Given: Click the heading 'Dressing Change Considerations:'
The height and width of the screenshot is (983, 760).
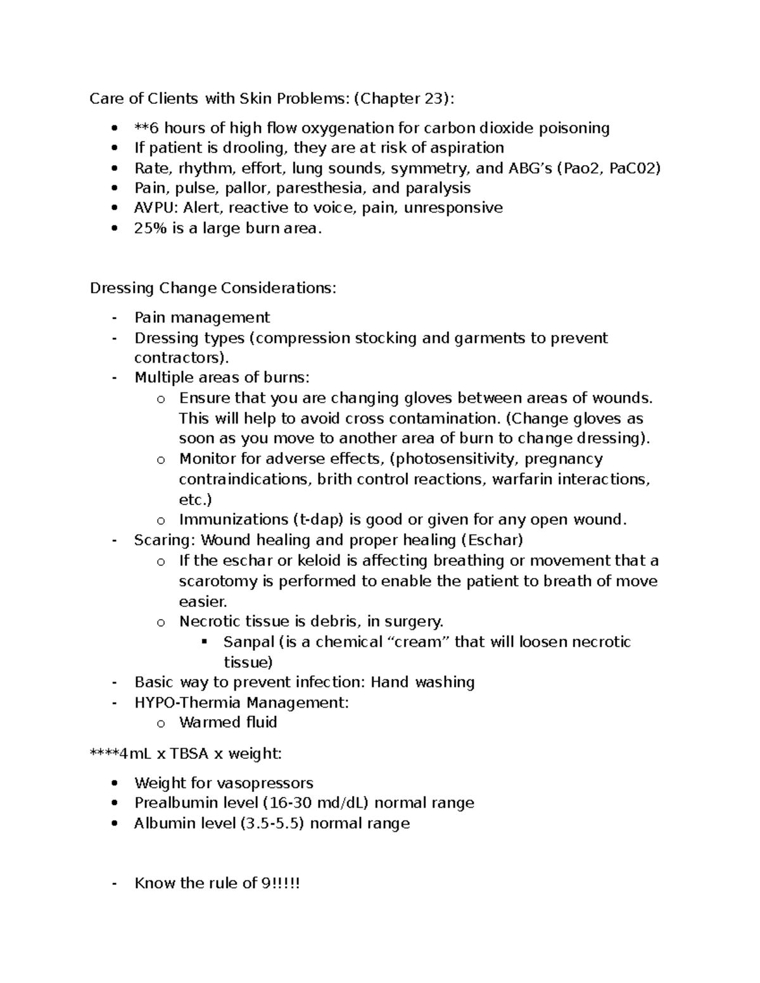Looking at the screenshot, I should pyautogui.click(x=213, y=288).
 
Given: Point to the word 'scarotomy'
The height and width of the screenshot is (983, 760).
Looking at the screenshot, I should pyautogui.click(x=218, y=581).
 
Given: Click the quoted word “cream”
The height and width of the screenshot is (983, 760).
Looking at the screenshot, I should pyautogui.click(x=418, y=642).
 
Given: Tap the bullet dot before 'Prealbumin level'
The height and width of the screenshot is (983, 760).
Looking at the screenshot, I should pyautogui.click(x=114, y=803).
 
